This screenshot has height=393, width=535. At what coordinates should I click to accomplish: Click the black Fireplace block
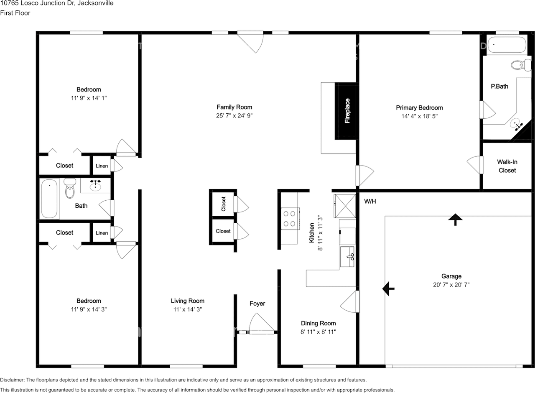[x=346, y=111]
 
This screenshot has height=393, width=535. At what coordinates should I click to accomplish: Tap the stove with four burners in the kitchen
[x=290, y=219]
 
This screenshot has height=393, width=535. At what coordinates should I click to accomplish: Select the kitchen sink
[x=347, y=257]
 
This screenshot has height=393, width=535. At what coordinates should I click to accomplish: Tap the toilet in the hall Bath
[x=70, y=188]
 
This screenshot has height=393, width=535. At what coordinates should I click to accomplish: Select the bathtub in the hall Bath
[x=49, y=199]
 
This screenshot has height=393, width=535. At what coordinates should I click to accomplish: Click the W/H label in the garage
[x=370, y=202]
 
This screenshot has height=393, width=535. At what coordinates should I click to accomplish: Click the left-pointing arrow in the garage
[x=388, y=288]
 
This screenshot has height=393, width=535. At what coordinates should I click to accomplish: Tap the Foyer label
[x=257, y=304]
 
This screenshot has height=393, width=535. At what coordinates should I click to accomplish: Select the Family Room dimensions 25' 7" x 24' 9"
[x=234, y=116]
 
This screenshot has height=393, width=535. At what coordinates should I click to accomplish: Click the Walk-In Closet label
[x=507, y=166]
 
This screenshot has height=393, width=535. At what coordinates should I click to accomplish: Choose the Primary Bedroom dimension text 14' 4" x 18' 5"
[x=419, y=116]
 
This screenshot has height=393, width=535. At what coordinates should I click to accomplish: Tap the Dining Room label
[x=318, y=323]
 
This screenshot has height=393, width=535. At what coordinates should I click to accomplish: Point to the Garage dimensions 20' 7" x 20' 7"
[x=451, y=285]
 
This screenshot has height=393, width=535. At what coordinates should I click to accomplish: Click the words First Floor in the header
[x=15, y=13]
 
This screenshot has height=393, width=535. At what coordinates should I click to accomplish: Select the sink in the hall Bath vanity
[x=95, y=185]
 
